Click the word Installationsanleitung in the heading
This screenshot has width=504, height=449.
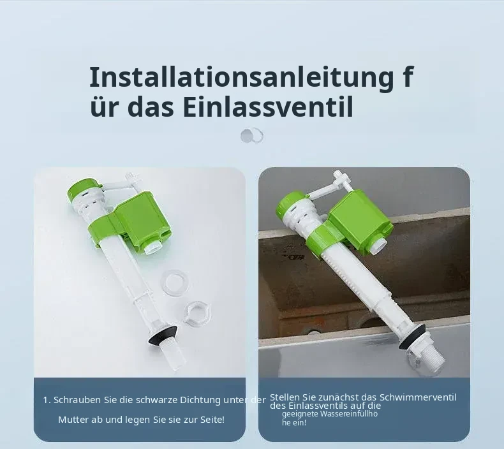pyautogui.click(x=241, y=78)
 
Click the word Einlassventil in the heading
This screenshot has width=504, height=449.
pyautogui.click(x=269, y=107)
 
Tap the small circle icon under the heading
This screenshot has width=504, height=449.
pyautogui.click(x=252, y=136)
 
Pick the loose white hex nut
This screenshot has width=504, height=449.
pyautogui.click(x=197, y=313)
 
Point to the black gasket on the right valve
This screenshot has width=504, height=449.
pyautogui.click(x=411, y=337)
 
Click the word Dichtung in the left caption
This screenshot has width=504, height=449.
pyautogui.click(x=200, y=400)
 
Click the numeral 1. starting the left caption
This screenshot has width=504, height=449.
pyautogui.click(x=47, y=401)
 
